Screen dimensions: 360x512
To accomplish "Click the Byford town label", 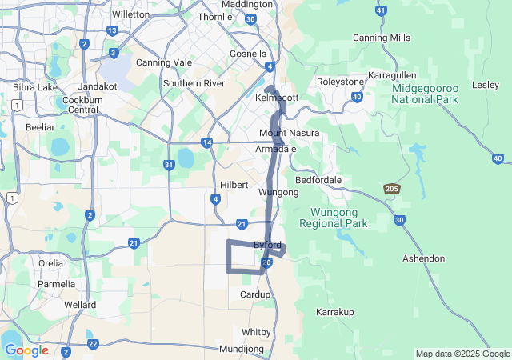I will pos(267,244).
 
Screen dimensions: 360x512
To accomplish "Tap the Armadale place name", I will pos(275,150).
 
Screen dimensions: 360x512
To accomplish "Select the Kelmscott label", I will pos(276,97).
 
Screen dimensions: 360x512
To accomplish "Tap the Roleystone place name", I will pos(340,81).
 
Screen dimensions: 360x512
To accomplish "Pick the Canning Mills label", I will pos(382,38).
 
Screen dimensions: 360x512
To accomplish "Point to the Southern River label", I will pos(193,83).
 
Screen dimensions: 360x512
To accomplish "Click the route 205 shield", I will pos(392,189).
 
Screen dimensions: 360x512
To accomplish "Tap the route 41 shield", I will pos(381,11).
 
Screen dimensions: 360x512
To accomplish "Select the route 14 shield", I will pos(207,142).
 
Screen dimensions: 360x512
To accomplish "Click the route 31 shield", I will pos(169,165).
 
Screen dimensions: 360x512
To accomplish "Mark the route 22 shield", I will pos(93,344).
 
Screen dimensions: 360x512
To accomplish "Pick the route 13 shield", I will pos(112,30).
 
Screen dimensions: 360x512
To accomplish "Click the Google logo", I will pos(26,350).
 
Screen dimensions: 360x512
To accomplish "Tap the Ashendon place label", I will pos(423,258).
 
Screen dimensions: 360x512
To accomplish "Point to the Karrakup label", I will pos(334,311).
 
